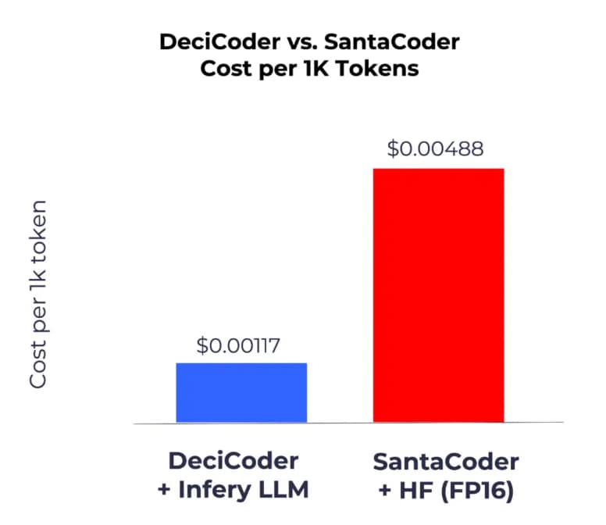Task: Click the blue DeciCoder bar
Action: point(241,392)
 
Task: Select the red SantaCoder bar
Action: point(438,295)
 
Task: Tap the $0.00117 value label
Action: point(241,344)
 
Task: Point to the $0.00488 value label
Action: point(435,148)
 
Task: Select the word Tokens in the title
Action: point(381,68)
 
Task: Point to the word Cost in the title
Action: point(227,68)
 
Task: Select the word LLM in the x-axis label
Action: point(283,490)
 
